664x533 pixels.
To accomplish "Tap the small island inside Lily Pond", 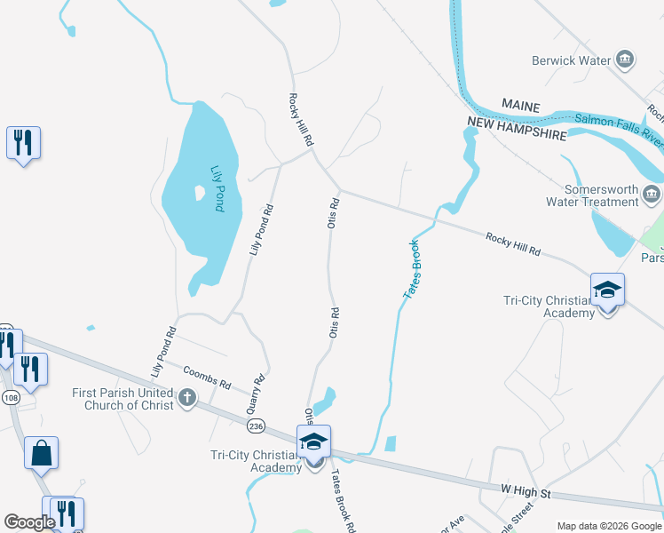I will (x=196, y=192).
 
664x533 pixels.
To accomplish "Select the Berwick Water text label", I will (x=571, y=60).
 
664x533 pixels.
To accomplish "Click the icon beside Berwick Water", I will (x=625, y=60).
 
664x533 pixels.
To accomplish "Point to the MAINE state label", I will (x=520, y=106).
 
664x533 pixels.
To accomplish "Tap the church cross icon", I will (x=186, y=398).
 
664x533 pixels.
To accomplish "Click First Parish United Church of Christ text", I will (x=124, y=399).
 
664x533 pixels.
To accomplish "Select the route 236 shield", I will (x=257, y=427).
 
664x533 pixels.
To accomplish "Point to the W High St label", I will (x=526, y=492).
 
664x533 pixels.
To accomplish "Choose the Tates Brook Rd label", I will (x=344, y=501).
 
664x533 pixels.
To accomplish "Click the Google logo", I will (x=30, y=522).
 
